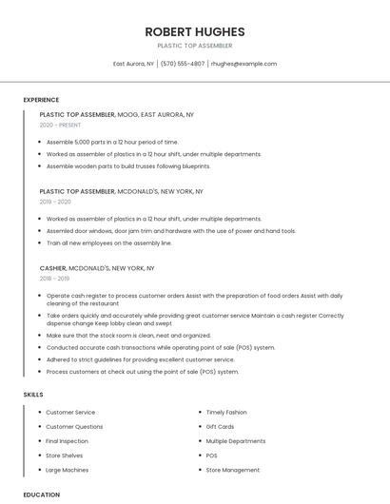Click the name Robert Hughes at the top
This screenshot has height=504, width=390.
tap(195, 31)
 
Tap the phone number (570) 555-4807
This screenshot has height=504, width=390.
tap(183, 64)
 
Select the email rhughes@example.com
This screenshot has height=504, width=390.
tap(244, 64)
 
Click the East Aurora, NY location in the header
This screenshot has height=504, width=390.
tap(134, 64)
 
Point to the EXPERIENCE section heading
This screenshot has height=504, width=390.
tap(41, 100)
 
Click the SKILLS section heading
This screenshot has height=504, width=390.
tap(33, 394)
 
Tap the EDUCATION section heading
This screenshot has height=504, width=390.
tap(41, 494)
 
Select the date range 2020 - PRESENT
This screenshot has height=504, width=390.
tap(60, 126)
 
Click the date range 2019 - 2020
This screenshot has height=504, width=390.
tap(55, 202)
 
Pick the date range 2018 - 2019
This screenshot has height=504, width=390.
tap(54, 279)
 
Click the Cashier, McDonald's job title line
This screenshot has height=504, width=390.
tap(97, 268)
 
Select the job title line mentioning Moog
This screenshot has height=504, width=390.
tap(117, 114)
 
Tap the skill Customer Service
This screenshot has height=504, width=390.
tap(70, 413)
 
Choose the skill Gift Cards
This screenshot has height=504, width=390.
tap(220, 427)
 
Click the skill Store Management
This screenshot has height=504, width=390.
tap(232, 470)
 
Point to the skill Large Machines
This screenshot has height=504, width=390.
tap(67, 470)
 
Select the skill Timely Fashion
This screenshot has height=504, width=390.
tap(225, 413)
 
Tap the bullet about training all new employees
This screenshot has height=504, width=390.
tap(108, 242)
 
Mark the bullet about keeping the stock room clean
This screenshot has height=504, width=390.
tap(128, 336)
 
